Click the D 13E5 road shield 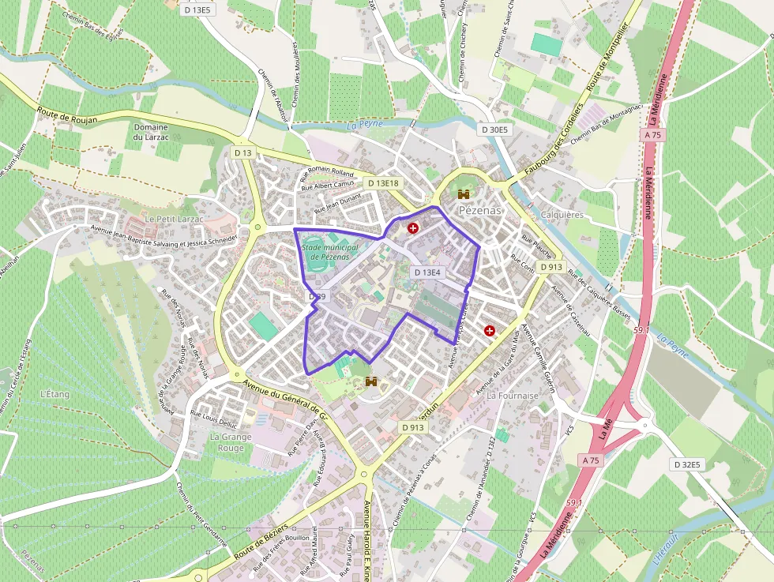click(197, 10)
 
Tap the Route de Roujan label click(66, 115)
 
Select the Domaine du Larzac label click(150, 132)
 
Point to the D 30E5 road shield click(496, 130)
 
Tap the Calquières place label click(563, 215)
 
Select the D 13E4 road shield click(426, 272)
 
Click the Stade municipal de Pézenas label click(329, 252)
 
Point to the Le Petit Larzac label click(174, 218)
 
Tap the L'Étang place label click(55, 393)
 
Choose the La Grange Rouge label click(231, 442)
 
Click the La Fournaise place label click(513, 394)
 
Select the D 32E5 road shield click(687, 464)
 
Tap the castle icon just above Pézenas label click(463, 194)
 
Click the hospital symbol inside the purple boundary click(412, 228)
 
